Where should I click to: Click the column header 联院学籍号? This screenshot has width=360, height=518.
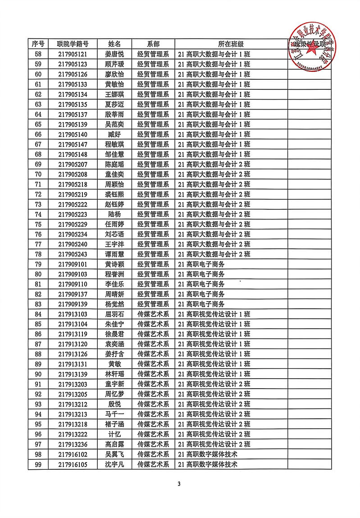coord(72,44)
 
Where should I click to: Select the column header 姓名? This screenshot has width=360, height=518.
coord(114,44)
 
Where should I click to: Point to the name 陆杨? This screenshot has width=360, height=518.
coord(114,214)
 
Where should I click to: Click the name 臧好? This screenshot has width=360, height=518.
coord(114,134)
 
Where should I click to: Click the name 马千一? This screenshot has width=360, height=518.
coord(114,414)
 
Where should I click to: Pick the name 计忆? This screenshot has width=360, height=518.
coord(114,434)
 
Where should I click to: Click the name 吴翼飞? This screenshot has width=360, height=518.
coord(114,454)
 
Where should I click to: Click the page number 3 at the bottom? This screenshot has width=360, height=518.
coord(179,484)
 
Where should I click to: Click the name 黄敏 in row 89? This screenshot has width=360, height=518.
coord(114,364)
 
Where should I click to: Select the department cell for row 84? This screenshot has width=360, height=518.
coord(153,314)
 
